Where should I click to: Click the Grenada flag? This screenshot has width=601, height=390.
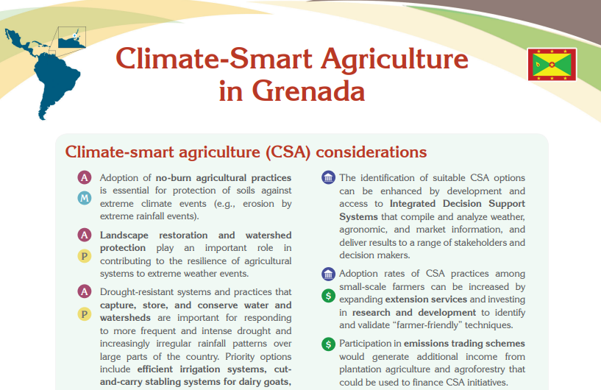click(552, 65)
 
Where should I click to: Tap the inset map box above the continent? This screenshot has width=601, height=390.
click(71, 38)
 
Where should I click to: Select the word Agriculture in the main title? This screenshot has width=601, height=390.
click(395, 60)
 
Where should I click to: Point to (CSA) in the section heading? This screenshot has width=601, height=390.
click(288, 152)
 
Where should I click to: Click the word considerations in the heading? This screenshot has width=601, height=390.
click(371, 152)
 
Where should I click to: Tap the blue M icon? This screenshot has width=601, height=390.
click(85, 198)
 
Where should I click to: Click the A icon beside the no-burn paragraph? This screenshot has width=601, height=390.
click(85, 177)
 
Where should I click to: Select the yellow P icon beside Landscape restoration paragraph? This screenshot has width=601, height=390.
click(85, 256)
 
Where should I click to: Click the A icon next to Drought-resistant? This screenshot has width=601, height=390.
click(85, 291)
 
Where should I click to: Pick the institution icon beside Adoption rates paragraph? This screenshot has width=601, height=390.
click(328, 274)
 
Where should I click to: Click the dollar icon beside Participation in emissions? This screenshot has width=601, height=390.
click(328, 344)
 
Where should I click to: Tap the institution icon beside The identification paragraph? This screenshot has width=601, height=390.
click(328, 177)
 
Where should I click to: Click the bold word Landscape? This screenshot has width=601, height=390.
click(124, 235)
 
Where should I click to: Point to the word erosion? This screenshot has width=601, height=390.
click(258, 203)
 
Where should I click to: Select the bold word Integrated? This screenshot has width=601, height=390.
click(413, 203)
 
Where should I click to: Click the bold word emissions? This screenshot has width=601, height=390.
click(426, 343)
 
